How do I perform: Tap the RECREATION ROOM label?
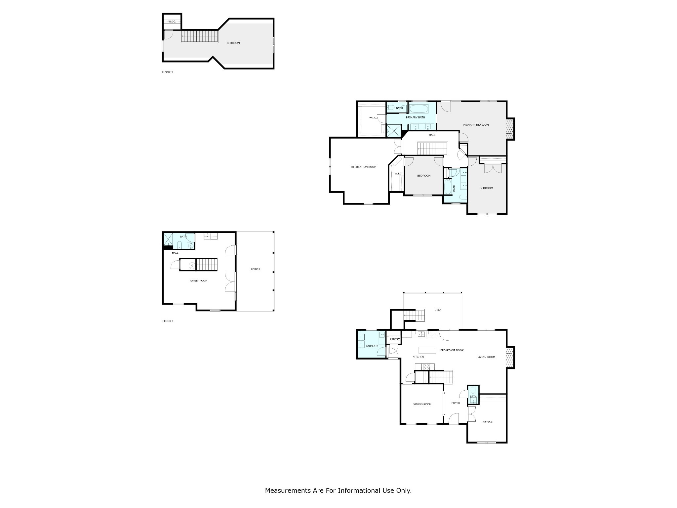click(x=364, y=167)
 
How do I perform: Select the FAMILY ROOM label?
click(x=199, y=281)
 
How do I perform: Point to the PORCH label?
click(x=255, y=269)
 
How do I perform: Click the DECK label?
click(x=438, y=310)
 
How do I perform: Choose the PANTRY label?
click(x=395, y=339)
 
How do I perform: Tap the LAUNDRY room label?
click(x=372, y=346)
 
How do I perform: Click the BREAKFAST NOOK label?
click(x=452, y=350)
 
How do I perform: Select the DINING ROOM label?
click(x=422, y=404)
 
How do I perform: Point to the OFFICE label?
click(x=488, y=422)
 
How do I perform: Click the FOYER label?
click(x=456, y=403)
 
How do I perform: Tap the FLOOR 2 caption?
click(x=167, y=72)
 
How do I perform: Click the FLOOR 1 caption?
click(x=168, y=321)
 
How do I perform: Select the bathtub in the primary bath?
click(x=418, y=108)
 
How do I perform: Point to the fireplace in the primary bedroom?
click(x=511, y=129)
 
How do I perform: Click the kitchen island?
click(x=427, y=350)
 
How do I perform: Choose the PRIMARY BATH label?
click(x=416, y=117)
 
